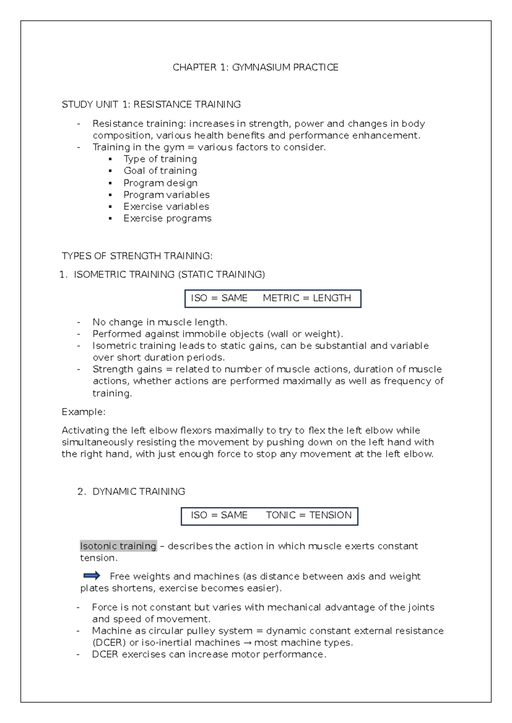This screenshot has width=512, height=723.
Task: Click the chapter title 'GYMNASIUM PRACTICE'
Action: (285, 67)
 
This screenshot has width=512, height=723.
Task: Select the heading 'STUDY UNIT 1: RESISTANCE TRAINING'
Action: (151, 104)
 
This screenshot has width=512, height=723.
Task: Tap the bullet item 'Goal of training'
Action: (160, 171)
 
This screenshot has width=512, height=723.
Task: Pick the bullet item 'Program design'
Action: (160, 183)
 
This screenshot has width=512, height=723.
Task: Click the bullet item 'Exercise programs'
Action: (167, 218)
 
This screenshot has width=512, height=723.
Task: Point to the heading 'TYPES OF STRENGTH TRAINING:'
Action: (137, 256)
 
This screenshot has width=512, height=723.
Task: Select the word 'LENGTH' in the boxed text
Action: (332, 298)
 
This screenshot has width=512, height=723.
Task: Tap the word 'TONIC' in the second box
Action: (281, 515)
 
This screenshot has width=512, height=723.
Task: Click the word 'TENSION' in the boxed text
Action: (330, 515)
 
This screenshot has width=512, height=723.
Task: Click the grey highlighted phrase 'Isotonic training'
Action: (118, 546)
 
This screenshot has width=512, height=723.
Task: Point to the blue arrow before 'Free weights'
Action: (92, 576)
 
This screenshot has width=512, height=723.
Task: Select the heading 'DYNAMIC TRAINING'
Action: (139, 492)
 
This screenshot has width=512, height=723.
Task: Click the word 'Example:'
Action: (83, 412)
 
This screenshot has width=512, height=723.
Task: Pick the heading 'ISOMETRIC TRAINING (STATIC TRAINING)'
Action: (169, 275)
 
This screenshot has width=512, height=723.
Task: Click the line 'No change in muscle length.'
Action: (160, 322)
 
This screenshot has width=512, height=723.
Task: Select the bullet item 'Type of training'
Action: (160, 159)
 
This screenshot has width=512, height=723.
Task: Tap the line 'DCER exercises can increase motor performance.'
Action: (209, 654)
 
